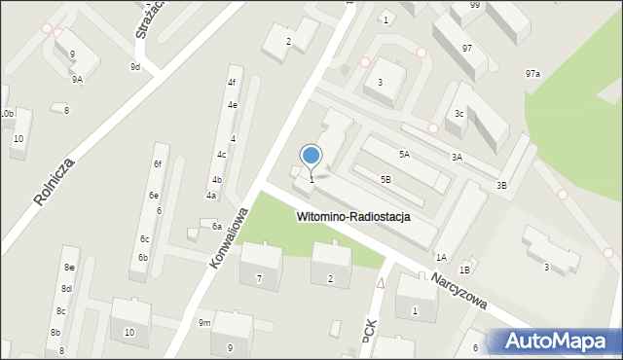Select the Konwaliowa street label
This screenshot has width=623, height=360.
tap(230, 237)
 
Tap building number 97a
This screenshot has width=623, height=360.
tap(532, 74)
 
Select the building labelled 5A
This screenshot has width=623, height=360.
tap(403, 154)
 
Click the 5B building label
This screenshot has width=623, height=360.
tap(385, 179)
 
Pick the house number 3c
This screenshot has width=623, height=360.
tap(458, 114)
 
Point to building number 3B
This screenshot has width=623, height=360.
tap(501, 185)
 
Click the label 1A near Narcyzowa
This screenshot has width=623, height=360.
tap(441, 257)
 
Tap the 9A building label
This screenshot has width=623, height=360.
tap(77, 80)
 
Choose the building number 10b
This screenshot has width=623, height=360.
tap(7, 114)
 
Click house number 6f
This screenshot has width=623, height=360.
tap(156, 163)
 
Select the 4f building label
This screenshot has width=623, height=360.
tap(232, 83)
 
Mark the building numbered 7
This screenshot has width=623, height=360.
tap(259, 279)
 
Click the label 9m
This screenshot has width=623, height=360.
tap(204, 322)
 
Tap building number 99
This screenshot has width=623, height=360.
tap(474, 5)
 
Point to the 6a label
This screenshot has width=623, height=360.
tap(217, 226)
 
